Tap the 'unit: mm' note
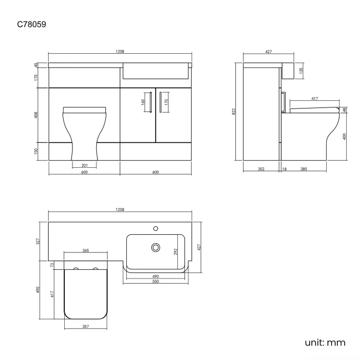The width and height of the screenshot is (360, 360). pyautogui.click(x=325, y=342)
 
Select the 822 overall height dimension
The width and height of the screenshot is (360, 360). pyautogui.click(x=235, y=111)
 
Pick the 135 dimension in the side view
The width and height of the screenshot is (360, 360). pyautogui.click(x=301, y=71)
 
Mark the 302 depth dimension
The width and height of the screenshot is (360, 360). pyautogui.click(x=261, y=169)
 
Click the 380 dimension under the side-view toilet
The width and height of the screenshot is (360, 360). pyautogui.click(x=304, y=169)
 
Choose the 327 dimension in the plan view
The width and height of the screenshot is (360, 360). pyautogui.click(x=39, y=241)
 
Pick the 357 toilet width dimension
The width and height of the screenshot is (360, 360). pyautogui.click(x=85, y=327)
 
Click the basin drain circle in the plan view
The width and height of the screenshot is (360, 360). pyautogui.click(x=156, y=248)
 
